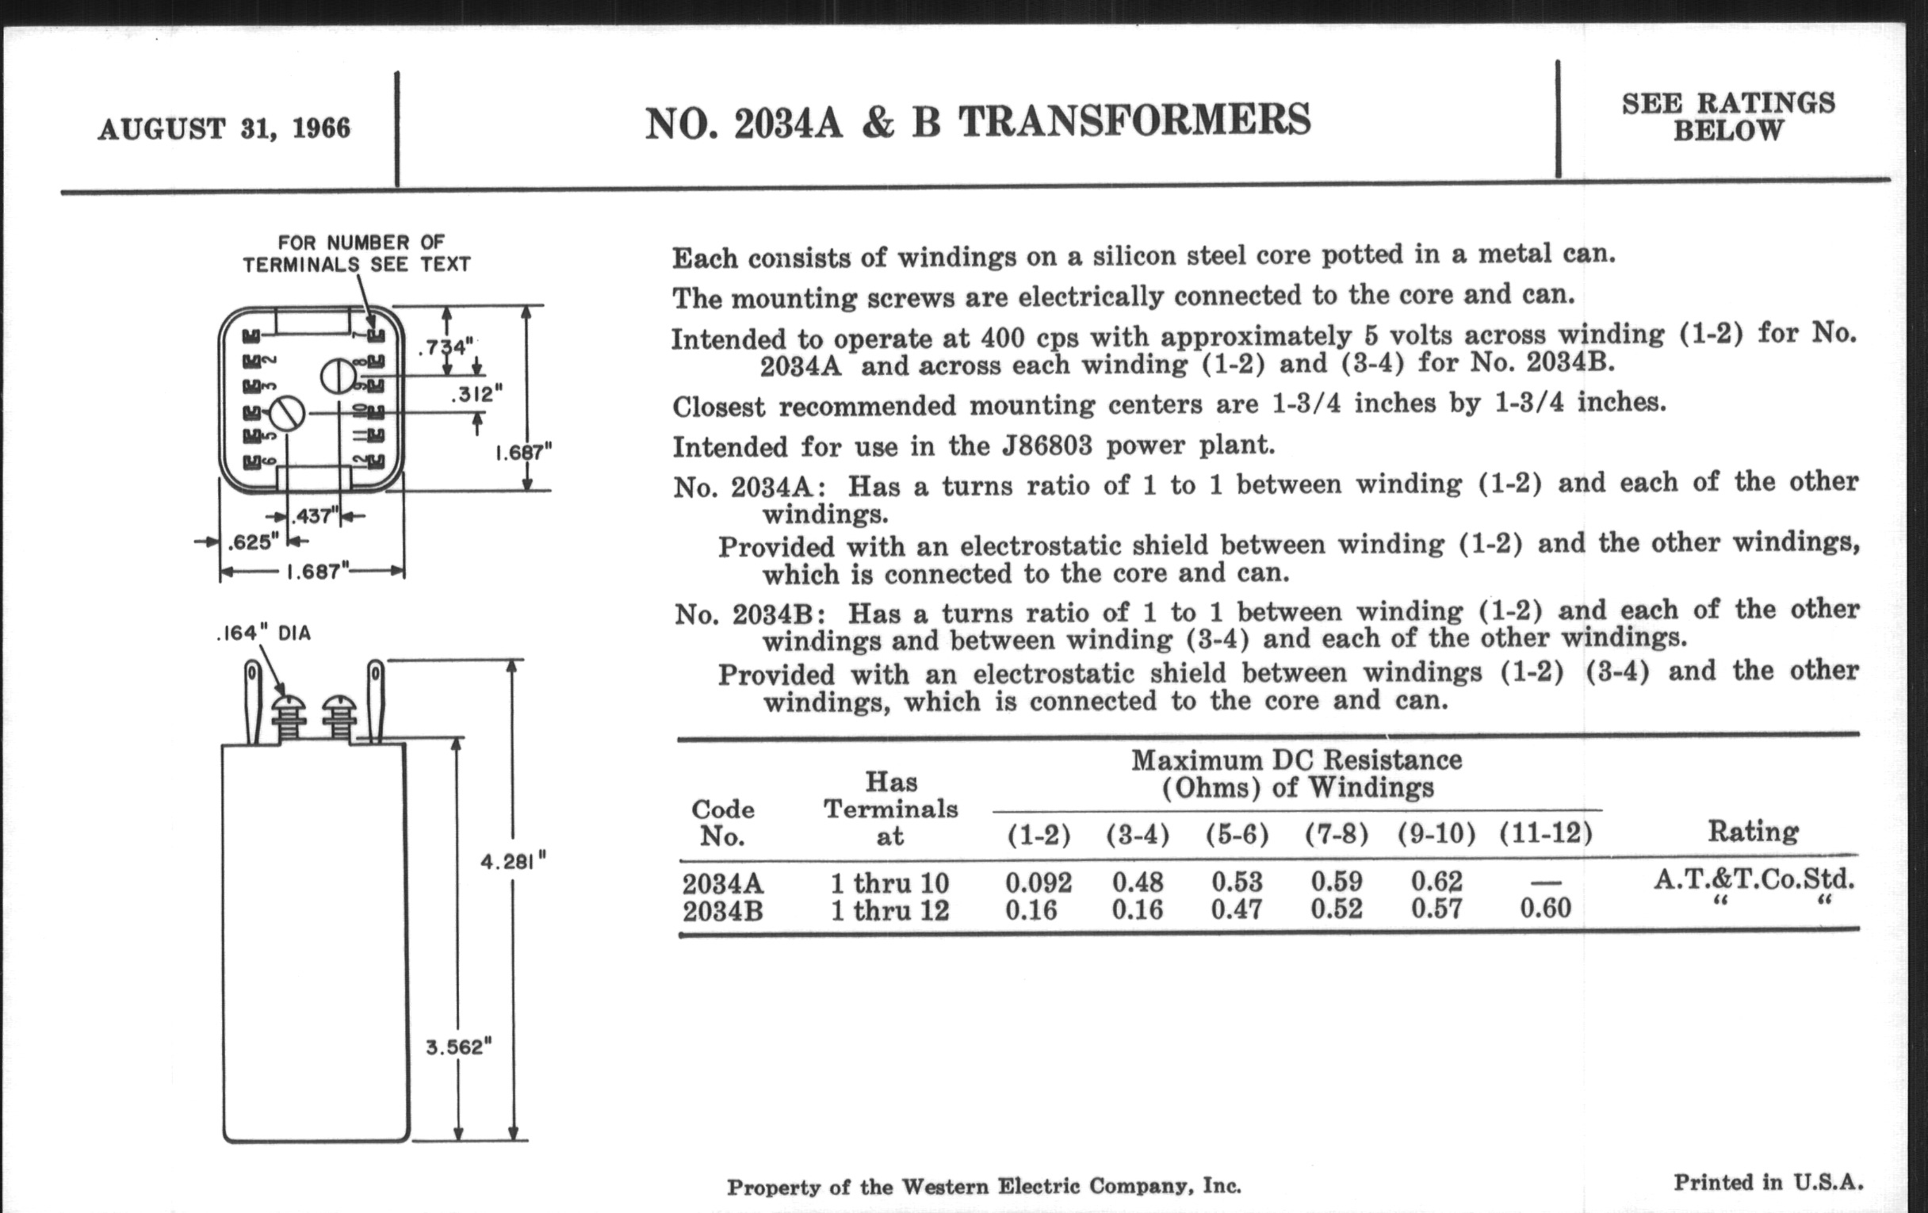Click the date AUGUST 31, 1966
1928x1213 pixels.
[x=224, y=129]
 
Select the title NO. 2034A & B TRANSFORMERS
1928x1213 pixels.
[x=977, y=122]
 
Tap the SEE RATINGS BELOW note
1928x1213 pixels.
[x=1728, y=117]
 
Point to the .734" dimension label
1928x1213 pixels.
[x=446, y=347]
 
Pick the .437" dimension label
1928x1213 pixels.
[x=314, y=516]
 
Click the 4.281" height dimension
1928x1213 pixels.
[x=512, y=863]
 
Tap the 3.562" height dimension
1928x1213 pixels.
[x=458, y=1047]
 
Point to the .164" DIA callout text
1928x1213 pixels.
[x=263, y=633]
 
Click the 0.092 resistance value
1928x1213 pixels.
[x=1038, y=882]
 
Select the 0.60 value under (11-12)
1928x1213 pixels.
[x=1545, y=908]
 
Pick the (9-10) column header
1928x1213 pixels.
[x=1436, y=834]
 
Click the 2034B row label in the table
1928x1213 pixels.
[x=722, y=911]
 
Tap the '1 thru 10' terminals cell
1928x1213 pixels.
[x=889, y=883]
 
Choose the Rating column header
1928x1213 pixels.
[x=1753, y=832]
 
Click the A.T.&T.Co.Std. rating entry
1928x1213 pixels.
[x=1754, y=880]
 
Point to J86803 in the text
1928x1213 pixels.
[x=1046, y=446]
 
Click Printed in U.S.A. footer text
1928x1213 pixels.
[x=1768, y=1183]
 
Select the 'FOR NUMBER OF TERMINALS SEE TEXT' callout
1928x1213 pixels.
[x=357, y=254]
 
